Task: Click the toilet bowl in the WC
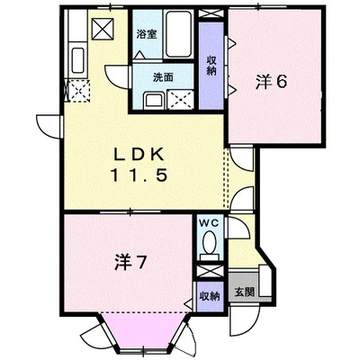click(210, 243)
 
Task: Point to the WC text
click(209, 222)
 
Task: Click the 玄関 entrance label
click(243, 292)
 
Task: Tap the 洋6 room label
click(271, 82)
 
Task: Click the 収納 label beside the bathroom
click(211, 66)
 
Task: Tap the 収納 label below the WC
click(208, 294)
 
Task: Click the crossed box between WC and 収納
click(209, 270)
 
